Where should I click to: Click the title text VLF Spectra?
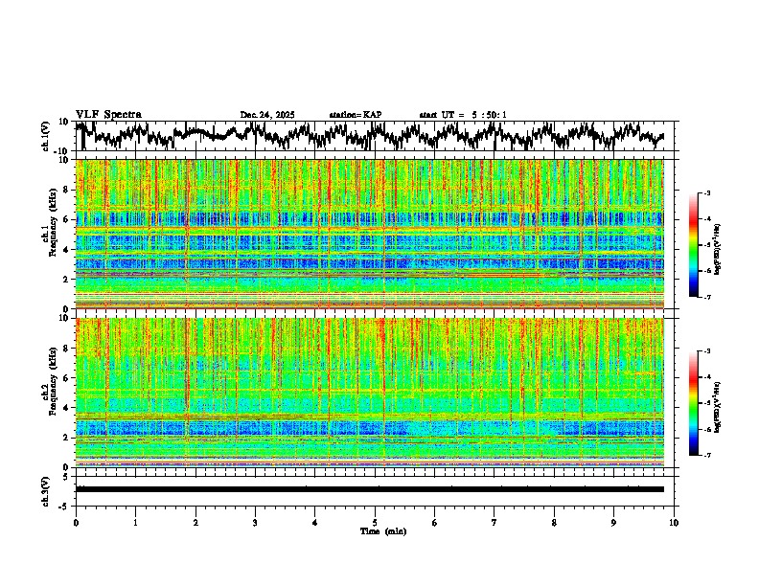(x=108, y=114)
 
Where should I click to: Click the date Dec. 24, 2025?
(x=267, y=115)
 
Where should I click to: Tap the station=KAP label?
(x=356, y=115)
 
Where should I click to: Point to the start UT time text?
(x=463, y=115)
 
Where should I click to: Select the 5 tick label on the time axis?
(x=375, y=522)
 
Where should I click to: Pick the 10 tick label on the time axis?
(x=674, y=522)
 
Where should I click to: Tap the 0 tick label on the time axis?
(x=76, y=522)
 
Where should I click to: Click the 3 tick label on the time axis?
(x=255, y=522)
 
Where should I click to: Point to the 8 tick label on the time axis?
(x=554, y=522)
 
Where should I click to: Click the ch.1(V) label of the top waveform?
(x=46, y=136)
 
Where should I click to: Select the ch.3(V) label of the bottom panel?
(x=46, y=489)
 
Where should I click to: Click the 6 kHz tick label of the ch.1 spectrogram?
(x=65, y=219)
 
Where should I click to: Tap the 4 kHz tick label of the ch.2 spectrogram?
(x=65, y=408)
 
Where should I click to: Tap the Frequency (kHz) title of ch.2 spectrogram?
(x=55, y=393)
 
